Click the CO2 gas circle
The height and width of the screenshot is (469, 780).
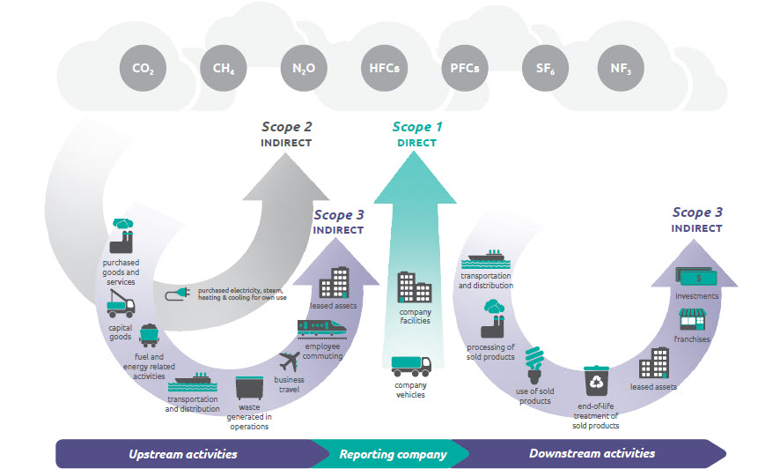143,68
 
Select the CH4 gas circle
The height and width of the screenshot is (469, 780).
224,68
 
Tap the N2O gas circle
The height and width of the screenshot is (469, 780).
304,68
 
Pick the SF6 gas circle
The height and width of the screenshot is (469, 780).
545,68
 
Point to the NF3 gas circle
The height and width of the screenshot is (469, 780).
621,68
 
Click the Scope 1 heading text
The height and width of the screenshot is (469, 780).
417,127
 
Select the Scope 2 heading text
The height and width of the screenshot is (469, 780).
286,127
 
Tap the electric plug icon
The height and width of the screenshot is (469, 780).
178,294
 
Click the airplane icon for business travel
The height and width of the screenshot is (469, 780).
289,361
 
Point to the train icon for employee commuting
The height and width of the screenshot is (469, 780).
322,329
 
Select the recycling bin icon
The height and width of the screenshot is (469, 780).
596,381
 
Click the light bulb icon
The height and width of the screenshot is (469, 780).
534,366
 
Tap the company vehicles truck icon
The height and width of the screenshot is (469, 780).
411,367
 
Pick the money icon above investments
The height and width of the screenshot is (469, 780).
696,277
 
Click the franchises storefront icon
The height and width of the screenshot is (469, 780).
693,319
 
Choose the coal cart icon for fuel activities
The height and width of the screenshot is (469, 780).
150,336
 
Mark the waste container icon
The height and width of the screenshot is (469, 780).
249,388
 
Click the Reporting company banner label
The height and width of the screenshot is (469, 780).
393,454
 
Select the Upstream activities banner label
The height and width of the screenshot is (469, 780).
183,454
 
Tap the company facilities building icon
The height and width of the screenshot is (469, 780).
415,287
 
